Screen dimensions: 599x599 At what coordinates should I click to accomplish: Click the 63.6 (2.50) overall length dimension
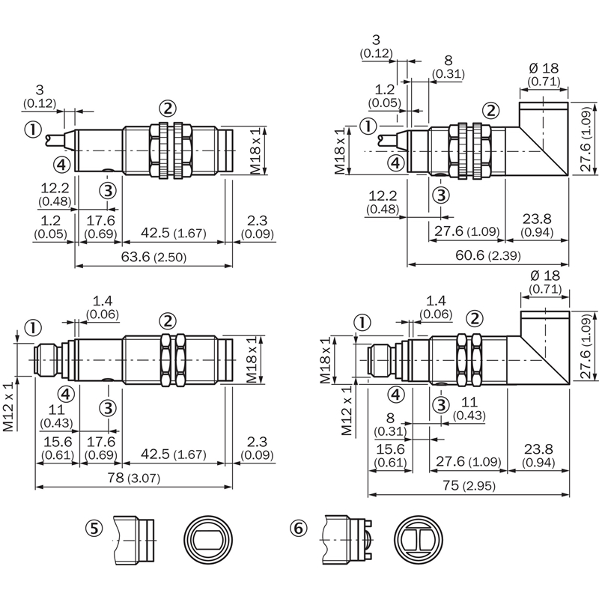[x=153, y=257]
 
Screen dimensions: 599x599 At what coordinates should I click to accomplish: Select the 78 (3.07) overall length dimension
[x=133, y=478]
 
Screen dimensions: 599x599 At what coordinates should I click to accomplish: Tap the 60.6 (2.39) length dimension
[x=488, y=255]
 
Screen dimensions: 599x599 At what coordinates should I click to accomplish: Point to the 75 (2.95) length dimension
[x=469, y=485]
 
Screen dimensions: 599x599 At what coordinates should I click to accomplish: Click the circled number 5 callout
[x=94, y=529]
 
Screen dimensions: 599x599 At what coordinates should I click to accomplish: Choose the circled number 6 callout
[x=298, y=529]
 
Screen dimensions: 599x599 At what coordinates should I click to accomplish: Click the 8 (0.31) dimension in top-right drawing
[x=448, y=67]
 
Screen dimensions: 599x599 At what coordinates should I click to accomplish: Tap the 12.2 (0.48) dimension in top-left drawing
[x=55, y=194]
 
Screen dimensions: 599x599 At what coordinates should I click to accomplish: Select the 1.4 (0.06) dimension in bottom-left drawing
[x=103, y=308]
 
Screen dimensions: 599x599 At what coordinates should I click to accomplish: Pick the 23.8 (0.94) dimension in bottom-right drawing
[x=538, y=456]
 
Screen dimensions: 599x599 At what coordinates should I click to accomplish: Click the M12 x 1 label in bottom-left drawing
[x=8, y=406]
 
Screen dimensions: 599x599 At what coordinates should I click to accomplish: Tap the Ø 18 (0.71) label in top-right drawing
[x=544, y=74]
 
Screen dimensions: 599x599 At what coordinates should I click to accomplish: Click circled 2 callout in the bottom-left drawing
[x=168, y=321]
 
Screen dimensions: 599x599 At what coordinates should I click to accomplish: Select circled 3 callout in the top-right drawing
[x=441, y=195]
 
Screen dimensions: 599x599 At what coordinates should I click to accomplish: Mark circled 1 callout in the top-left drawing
[x=33, y=130]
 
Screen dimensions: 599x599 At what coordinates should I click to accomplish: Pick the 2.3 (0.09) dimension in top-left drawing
[x=257, y=227]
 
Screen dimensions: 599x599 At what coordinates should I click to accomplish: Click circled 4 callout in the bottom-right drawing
[x=396, y=395]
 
